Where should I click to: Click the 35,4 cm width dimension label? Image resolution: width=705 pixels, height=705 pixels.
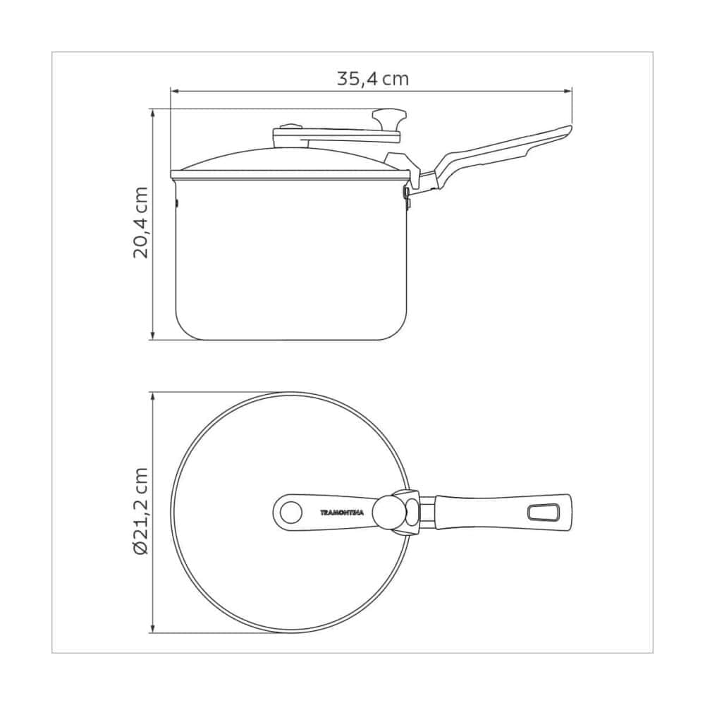coord(373,79)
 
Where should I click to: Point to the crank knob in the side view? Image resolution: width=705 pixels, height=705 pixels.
coord(389,118)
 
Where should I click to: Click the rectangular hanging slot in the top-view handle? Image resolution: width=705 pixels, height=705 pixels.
coord(543,513)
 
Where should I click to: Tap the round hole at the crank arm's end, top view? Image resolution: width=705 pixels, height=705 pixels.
coord(291,512)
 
